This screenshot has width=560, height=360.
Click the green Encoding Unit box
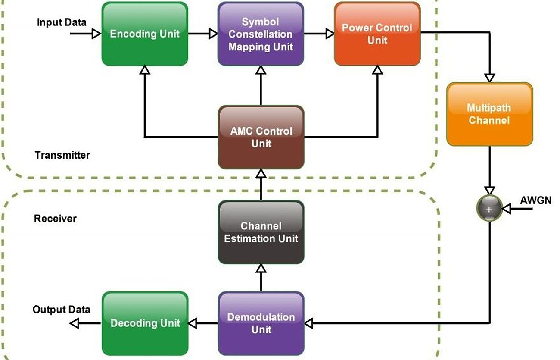tap(145, 34)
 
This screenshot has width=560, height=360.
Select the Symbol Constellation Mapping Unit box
tap(261, 34)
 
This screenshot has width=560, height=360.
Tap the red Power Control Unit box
tap(377, 34)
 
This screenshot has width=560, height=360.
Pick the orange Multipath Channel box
tap(489, 114)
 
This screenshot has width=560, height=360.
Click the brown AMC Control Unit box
tap(261, 137)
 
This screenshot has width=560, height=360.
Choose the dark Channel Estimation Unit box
tap(261, 232)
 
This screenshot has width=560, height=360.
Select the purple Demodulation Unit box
tap(261, 323)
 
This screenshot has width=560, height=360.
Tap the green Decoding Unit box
tap(145, 323)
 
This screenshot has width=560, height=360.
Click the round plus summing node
tap(489, 209)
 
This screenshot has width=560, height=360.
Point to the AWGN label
tap(535, 200)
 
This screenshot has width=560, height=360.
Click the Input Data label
tap(62, 22)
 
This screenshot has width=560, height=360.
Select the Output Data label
tap(62, 310)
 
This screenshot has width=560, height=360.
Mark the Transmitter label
tap(62, 155)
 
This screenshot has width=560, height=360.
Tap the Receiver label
tap(55, 219)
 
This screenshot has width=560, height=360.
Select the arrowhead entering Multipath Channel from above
tap(489, 78)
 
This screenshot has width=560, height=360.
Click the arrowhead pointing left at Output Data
tap(75, 323)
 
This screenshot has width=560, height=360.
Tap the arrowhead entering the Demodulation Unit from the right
tap(308, 323)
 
